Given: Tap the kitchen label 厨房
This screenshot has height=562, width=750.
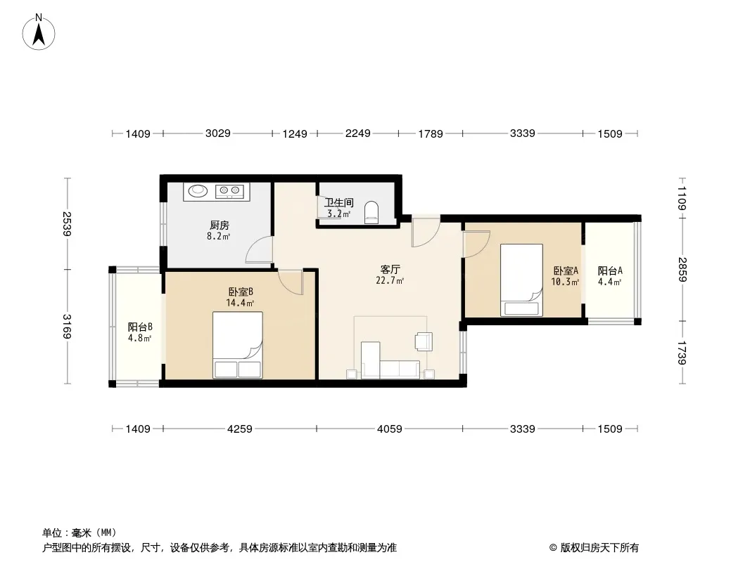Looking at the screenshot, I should (219, 226).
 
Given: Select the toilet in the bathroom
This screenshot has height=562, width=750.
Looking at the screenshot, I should (372, 212).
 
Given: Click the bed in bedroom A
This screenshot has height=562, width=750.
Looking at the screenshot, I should (521, 280).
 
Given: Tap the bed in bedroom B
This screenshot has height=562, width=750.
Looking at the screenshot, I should (238, 345).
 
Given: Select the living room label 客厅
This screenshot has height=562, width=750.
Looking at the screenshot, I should (390, 269).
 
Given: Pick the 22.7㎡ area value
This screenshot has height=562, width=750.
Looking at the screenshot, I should (390, 281).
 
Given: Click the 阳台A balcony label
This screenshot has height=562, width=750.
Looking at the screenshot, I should (609, 270).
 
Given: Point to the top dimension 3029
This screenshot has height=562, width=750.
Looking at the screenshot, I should (218, 133).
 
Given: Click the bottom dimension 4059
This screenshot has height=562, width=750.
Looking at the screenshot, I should (389, 429).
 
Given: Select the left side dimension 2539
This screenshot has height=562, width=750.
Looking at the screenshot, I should (68, 224).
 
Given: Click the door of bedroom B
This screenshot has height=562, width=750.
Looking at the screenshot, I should (291, 280).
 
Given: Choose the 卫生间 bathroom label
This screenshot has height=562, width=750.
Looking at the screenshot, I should (338, 203).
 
